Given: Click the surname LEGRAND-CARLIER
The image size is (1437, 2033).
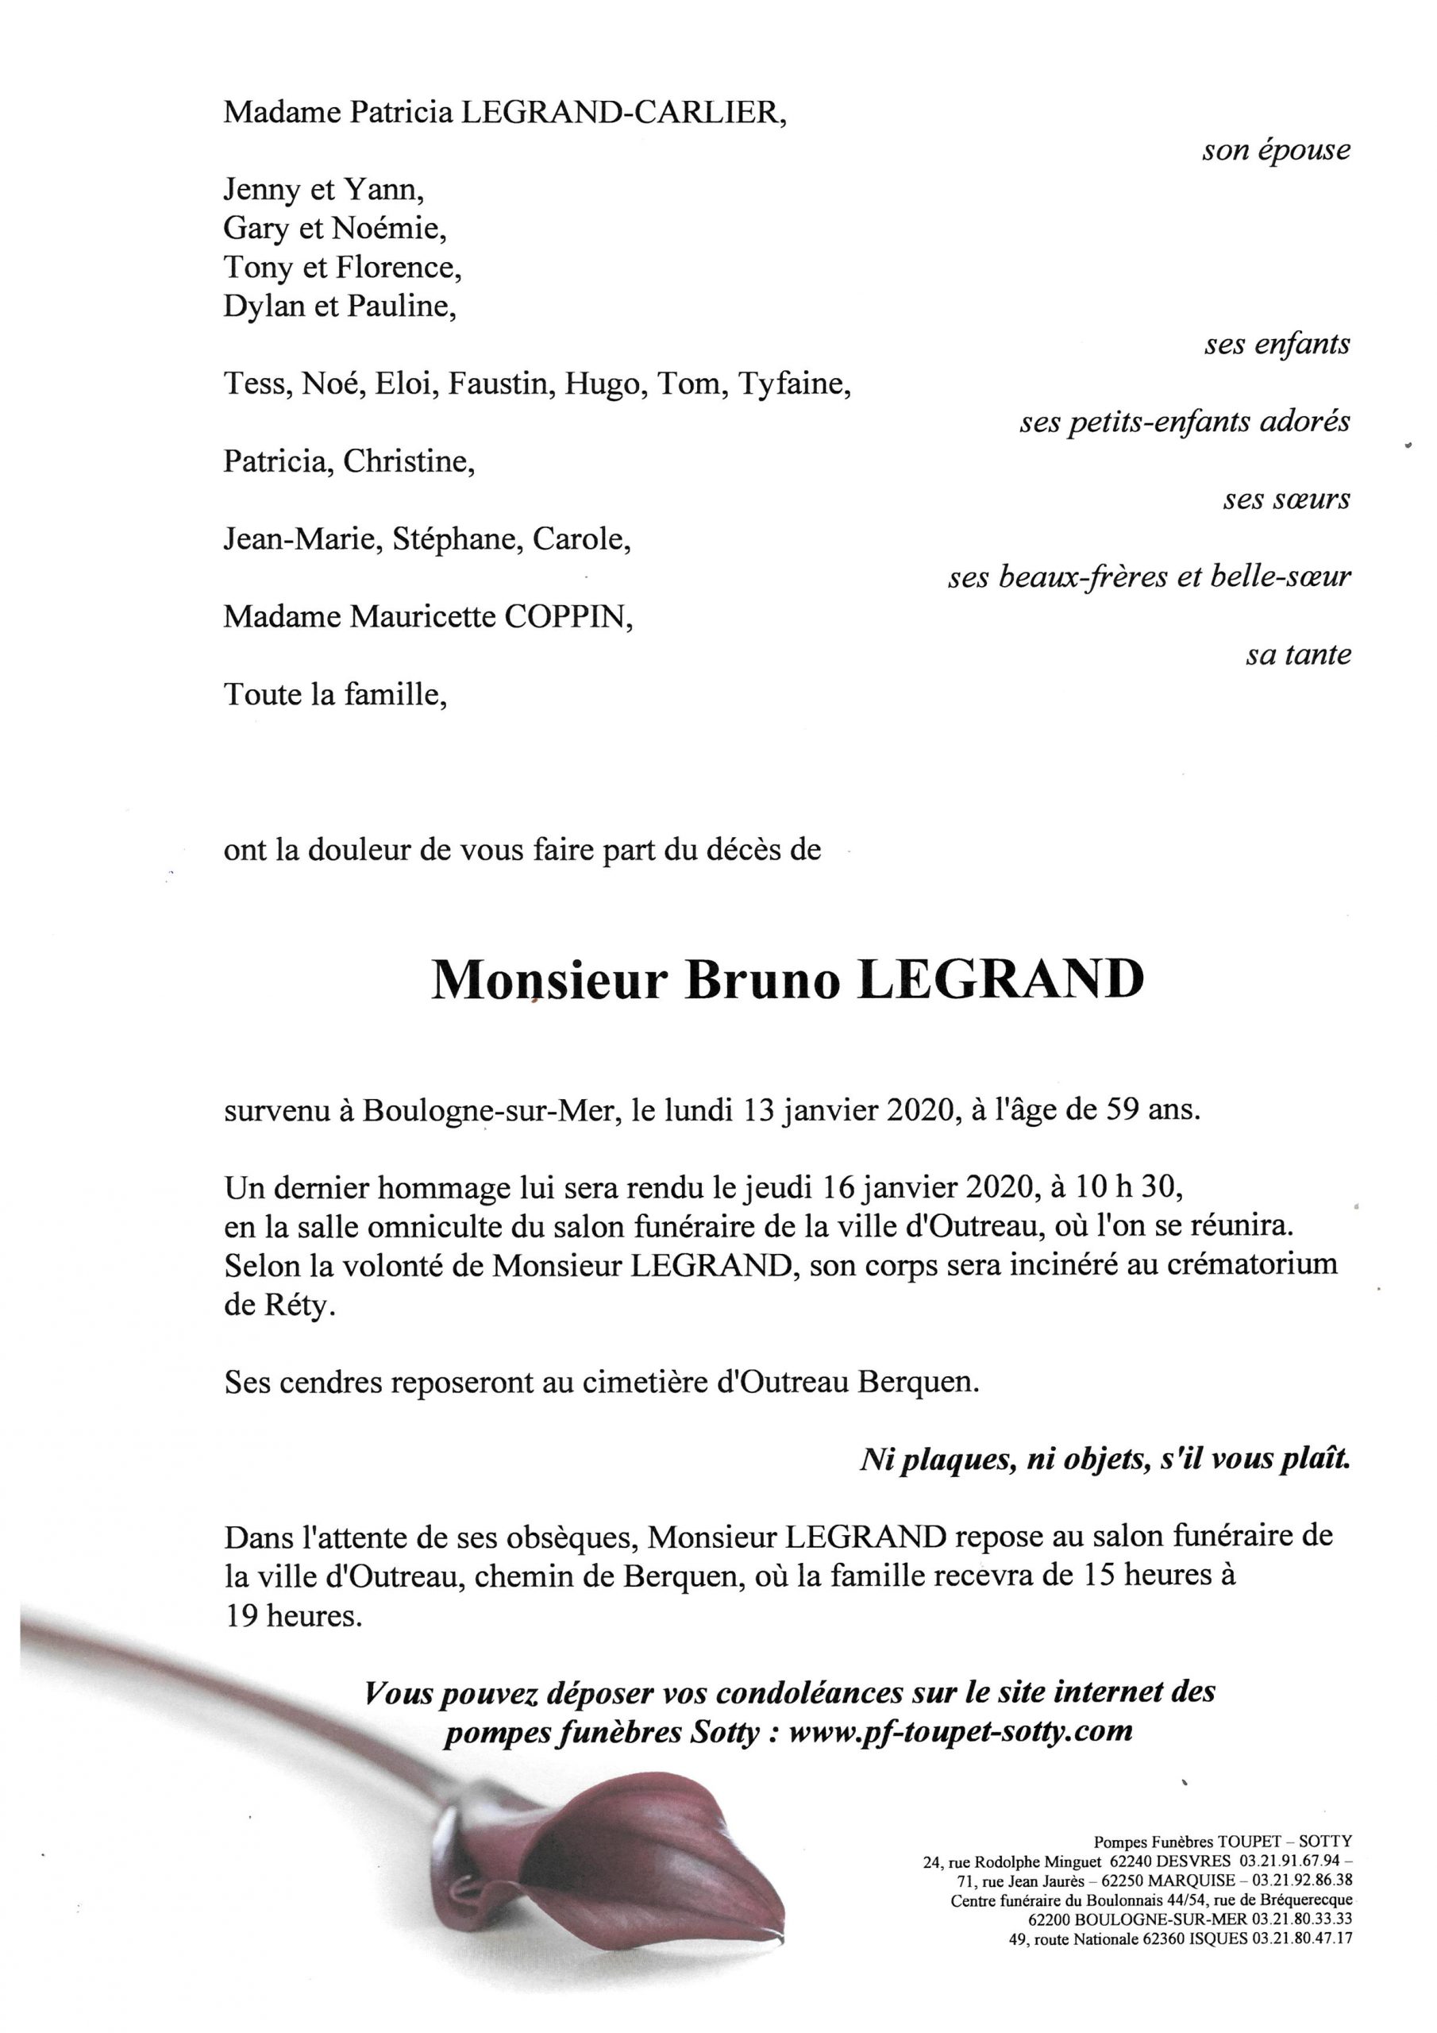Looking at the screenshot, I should (620, 113).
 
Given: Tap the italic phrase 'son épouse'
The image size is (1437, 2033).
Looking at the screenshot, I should (1275, 151).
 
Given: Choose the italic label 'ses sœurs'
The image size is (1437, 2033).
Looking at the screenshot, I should (1286, 500).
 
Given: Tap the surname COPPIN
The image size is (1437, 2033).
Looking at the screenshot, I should (568, 616).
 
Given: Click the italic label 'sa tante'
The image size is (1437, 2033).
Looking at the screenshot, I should (1298, 655).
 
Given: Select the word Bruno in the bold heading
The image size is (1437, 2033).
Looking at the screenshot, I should (761, 981).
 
